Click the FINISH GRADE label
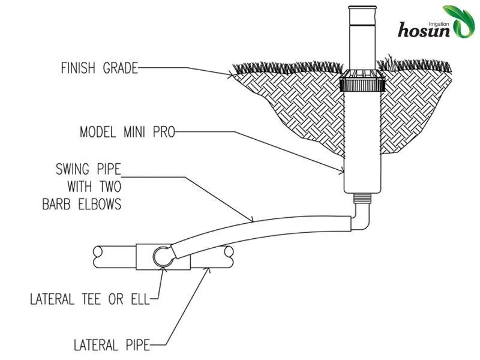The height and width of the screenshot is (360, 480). (x=99, y=68)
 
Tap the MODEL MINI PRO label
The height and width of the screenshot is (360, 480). (x=127, y=132)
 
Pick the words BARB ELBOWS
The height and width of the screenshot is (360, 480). (x=81, y=205)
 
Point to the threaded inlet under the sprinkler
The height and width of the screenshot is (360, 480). (x=364, y=198)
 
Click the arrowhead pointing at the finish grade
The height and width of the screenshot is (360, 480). (x=231, y=75)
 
